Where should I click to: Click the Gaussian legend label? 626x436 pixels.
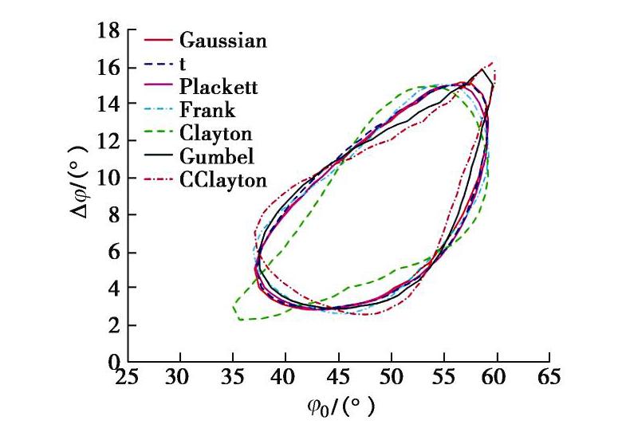(223, 39)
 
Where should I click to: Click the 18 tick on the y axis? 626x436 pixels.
(108, 32)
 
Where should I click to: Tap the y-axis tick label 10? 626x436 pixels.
(108, 179)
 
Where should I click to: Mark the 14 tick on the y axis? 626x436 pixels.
(108, 104)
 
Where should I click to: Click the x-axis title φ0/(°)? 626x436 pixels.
(338, 409)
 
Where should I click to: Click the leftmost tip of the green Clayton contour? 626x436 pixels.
(233, 305)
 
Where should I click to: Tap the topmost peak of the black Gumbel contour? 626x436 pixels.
(482, 69)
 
